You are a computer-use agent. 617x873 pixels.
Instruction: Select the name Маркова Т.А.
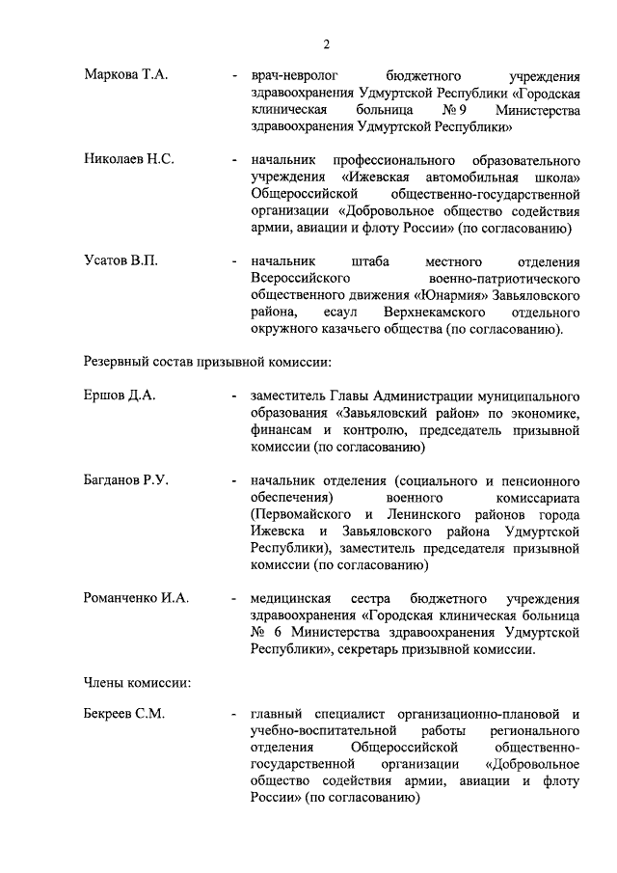tap(126, 74)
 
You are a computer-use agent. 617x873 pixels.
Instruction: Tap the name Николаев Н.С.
tap(129, 159)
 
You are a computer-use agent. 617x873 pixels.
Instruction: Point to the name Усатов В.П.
tap(121, 262)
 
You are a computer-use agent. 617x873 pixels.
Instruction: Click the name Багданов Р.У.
tap(126, 480)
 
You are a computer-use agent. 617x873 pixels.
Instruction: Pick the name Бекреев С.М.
tap(124, 715)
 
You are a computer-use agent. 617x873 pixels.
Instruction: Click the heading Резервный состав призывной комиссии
tap(208, 363)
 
